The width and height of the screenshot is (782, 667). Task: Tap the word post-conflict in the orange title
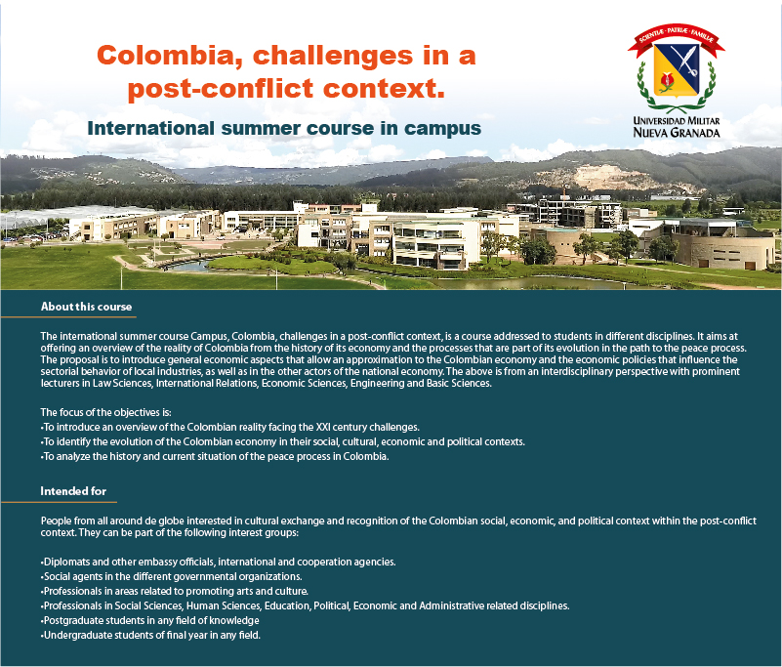221,89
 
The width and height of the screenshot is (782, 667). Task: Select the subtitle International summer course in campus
284,128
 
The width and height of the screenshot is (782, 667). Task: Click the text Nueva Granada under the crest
677,133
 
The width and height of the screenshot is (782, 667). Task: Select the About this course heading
86,307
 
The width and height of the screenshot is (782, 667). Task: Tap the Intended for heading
73,491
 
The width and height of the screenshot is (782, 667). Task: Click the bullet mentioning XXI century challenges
229,427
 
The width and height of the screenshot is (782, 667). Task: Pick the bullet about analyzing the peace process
215,456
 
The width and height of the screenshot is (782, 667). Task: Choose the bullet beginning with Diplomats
218,562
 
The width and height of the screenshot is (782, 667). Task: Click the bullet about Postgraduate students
149,620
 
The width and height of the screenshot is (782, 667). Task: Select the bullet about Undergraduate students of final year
150,635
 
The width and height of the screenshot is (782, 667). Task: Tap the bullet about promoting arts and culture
174,591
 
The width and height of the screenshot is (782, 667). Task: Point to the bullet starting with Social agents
171,576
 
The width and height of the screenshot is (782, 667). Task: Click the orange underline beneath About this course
68,316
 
